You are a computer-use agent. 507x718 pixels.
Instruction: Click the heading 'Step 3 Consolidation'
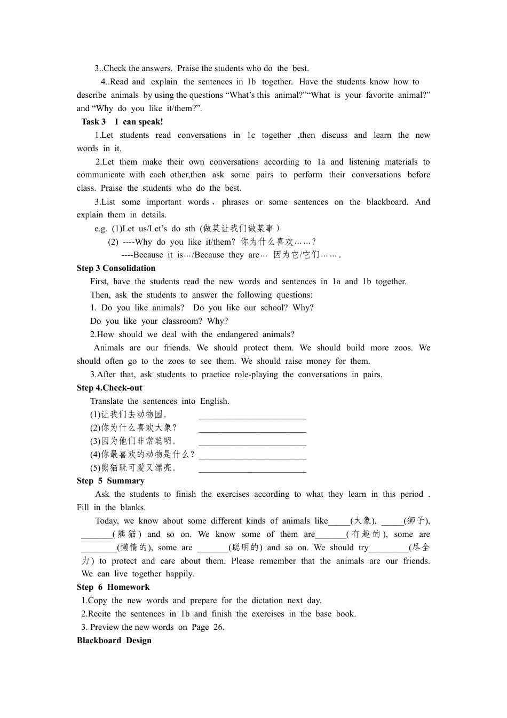pyautogui.click(x=116, y=268)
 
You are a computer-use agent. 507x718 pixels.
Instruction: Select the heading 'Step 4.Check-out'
pyautogui.click(x=109, y=388)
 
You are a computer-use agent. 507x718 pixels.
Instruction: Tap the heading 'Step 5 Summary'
pyautogui.click(x=110, y=481)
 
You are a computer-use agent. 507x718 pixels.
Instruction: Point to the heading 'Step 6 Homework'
pyautogui.click(x=113, y=587)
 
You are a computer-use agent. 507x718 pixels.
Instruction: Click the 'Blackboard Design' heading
pyautogui.click(x=114, y=641)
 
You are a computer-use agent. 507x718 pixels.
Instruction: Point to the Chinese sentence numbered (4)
pyautogui.click(x=142, y=455)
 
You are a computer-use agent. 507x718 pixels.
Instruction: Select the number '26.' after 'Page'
pyautogui.click(x=219, y=627)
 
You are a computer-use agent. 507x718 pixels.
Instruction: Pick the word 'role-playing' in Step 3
pyautogui.click(x=256, y=374)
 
